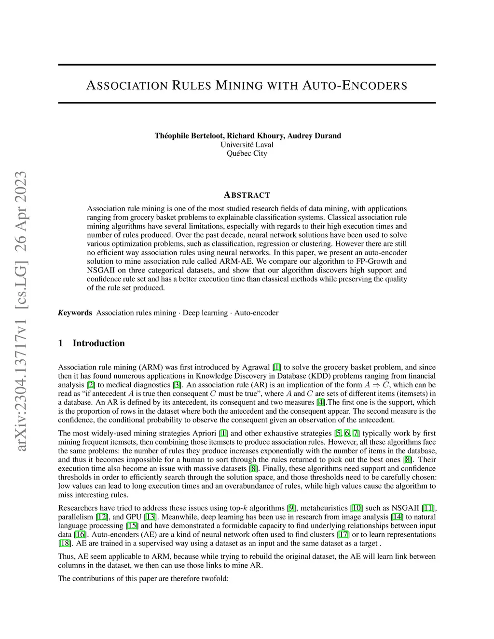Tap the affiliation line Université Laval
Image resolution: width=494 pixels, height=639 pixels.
point(247,145)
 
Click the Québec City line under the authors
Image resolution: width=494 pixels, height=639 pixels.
point(247,153)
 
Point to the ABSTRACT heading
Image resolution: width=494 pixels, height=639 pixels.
point(247,195)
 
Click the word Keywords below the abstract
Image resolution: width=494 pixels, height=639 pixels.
point(75,313)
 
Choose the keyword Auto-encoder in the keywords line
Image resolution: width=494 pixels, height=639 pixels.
point(256,313)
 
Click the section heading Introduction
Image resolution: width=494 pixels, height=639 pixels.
point(98,343)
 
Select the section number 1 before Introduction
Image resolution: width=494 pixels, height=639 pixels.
point(60,343)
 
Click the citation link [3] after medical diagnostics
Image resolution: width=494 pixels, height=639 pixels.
point(178,385)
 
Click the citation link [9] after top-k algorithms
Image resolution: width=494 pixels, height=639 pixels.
point(291,508)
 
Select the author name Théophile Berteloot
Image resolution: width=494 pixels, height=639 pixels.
point(189,136)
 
